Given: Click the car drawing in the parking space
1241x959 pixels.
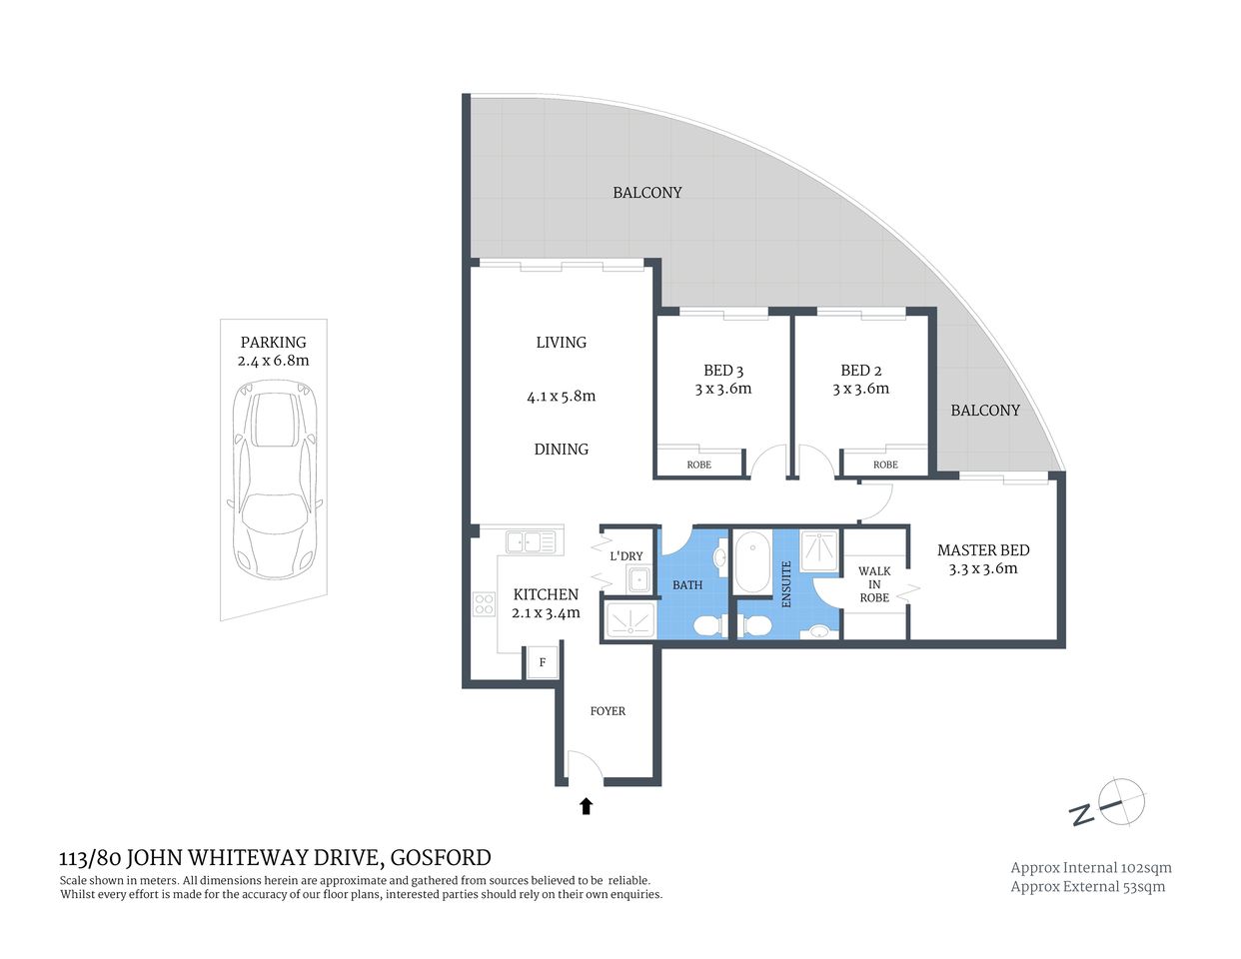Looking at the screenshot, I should pos(274,483).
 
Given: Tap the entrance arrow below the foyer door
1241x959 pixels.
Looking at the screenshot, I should pos(587,805).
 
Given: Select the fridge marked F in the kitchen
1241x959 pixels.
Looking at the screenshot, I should pos(543,662).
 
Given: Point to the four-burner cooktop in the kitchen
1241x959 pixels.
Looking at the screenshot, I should pos(484,604).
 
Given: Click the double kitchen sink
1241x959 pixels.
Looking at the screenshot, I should pos(531,541).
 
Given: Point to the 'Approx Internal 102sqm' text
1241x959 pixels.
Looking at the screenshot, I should pos(1091,867).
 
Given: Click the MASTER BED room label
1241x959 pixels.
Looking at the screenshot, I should pos(983,550).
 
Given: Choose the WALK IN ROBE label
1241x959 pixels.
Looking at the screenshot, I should pos(874,584).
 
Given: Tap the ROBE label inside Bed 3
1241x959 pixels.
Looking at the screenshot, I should pos(699,465).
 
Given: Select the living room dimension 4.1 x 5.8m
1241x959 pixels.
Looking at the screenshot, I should pos(561,396).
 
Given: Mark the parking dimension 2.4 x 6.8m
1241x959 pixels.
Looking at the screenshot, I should pos(273,361).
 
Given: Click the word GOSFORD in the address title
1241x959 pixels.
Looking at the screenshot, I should pos(441,857).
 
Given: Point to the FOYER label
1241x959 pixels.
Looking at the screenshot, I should pos(608,711).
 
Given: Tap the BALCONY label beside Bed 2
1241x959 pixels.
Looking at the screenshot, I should pos(985,411).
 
